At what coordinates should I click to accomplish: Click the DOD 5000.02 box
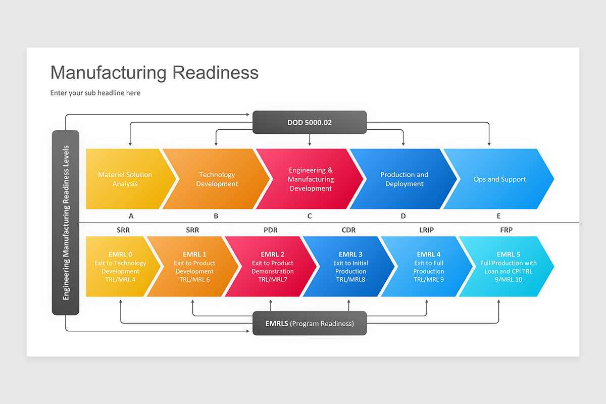point(310,122)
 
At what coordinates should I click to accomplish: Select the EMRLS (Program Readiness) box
point(310,323)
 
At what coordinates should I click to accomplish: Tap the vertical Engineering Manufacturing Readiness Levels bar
point(66,223)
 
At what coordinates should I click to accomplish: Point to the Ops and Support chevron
point(499,179)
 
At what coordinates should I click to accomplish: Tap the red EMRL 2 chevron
point(272,266)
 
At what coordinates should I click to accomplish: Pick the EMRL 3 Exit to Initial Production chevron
point(350,266)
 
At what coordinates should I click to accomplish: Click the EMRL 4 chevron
point(428,266)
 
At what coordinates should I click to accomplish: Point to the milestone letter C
point(310,216)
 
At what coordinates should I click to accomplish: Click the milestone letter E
point(498,216)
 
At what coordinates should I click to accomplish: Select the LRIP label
point(426,230)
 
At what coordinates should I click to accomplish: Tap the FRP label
point(506,230)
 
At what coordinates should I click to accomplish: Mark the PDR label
point(271,230)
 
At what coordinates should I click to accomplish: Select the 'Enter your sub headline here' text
point(95,93)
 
